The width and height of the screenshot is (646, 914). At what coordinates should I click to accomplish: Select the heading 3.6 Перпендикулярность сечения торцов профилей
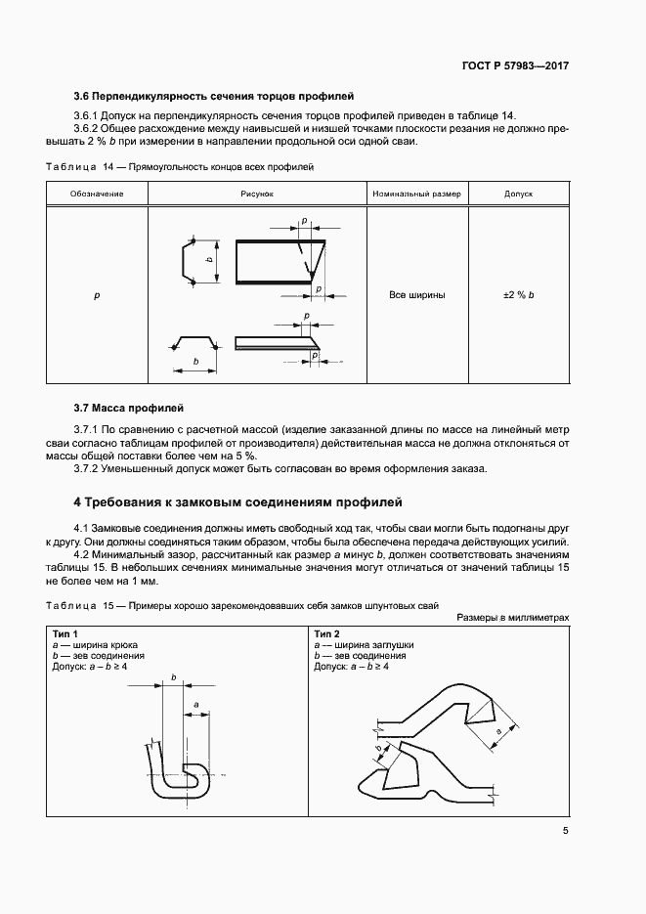[x=213, y=96]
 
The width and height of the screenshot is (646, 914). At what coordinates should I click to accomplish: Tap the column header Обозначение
[x=97, y=194]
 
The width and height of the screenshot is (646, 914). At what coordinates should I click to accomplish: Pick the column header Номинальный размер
[x=416, y=194]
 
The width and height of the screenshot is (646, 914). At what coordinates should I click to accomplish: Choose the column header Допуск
[x=518, y=194]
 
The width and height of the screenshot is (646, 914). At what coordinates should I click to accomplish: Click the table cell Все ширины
[x=416, y=294]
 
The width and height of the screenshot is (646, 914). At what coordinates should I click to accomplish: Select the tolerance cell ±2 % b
[x=518, y=294]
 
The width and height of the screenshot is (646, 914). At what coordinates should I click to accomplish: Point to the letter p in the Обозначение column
[x=97, y=294]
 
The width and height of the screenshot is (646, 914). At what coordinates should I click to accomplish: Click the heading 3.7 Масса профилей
[x=129, y=407]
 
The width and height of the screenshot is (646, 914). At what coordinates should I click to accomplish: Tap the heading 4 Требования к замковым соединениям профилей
[x=237, y=502]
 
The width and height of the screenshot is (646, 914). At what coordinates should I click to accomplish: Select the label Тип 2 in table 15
[x=327, y=634]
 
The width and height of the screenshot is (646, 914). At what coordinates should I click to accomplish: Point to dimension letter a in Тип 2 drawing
[x=498, y=730]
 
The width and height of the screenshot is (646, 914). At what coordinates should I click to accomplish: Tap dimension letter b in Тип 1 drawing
[x=173, y=676]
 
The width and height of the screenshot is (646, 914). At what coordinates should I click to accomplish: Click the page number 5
[x=565, y=831]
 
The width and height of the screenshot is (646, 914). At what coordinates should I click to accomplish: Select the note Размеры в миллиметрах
[x=512, y=618]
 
